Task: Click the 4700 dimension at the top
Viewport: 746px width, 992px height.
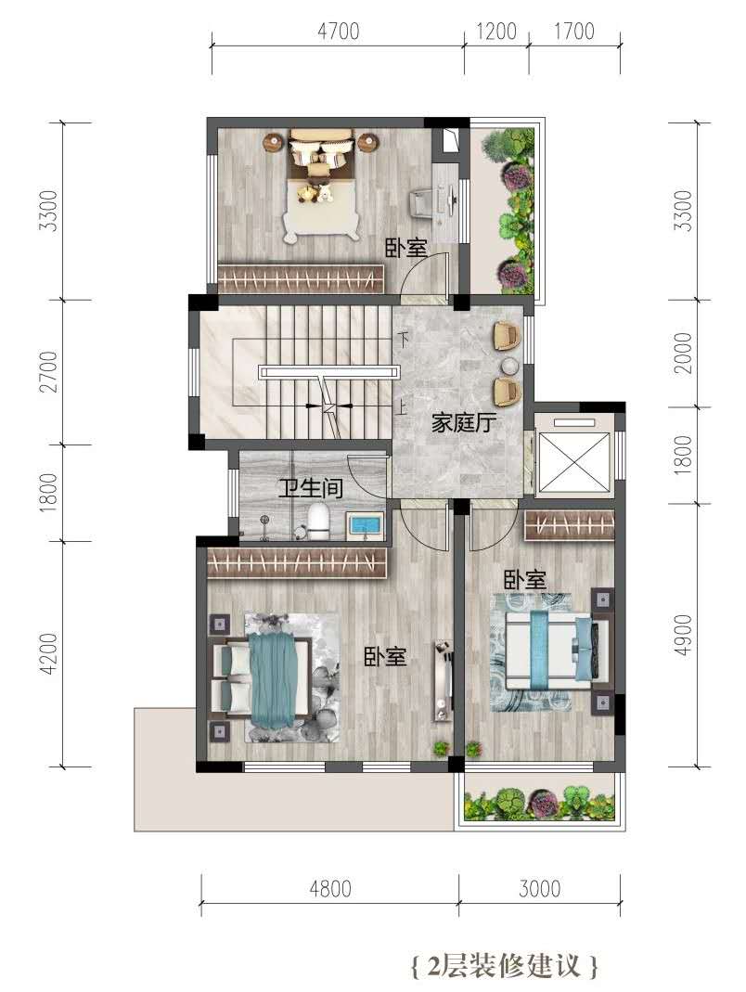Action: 339,31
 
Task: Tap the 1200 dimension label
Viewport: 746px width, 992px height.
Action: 496,31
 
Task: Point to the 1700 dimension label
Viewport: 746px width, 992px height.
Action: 574,31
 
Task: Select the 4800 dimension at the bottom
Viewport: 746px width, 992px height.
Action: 330,889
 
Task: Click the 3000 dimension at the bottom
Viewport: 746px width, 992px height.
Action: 540,889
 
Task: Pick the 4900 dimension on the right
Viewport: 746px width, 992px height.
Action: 683,635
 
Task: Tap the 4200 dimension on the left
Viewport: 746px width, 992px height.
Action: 47,653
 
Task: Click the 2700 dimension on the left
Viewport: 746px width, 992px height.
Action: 47,372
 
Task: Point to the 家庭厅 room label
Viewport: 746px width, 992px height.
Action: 464,422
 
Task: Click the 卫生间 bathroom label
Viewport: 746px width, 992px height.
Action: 312,488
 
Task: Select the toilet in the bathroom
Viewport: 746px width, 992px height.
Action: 318,522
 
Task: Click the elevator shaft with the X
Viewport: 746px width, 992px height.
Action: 573,454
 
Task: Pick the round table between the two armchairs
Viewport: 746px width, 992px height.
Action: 510,367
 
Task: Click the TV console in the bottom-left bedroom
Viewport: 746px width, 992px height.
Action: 443,681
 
